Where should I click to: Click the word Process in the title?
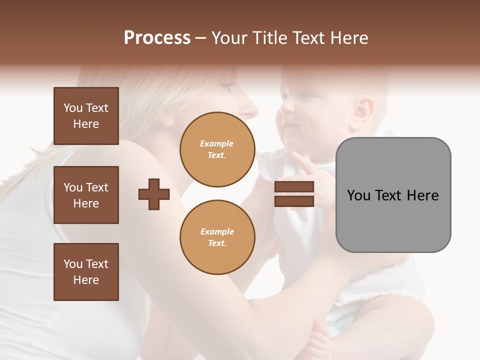(x=157, y=38)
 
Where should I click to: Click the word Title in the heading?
(x=268, y=38)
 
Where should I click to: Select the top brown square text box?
(x=86, y=116)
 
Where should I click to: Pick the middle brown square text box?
(x=86, y=195)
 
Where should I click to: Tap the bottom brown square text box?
(x=86, y=272)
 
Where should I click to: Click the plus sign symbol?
(x=154, y=194)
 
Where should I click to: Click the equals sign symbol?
(x=294, y=194)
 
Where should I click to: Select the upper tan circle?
(x=217, y=149)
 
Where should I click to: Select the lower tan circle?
(x=217, y=237)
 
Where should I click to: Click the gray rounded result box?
(x=393, y=195)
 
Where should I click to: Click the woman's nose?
(x=250, y=107)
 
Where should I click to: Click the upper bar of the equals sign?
(x=294, y=187)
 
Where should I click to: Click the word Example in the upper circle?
(x=217, y=144)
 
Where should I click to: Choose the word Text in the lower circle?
(x=216, y=243)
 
